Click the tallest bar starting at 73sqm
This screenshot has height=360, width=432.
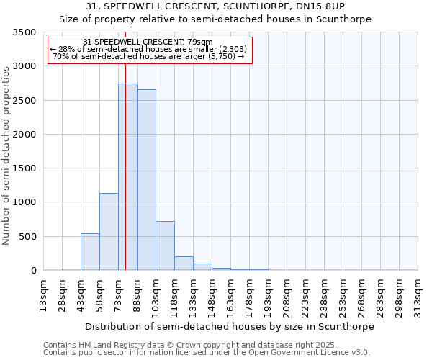[x=127, y=176]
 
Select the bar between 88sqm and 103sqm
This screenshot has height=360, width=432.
[x=146, y=180]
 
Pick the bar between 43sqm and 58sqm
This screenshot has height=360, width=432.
[x=90, y=252]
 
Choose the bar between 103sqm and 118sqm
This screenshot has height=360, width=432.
[x=165, y=246]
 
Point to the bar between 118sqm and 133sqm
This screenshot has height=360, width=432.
[x=184, y=264]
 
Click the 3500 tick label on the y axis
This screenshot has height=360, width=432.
[x=24, y=32]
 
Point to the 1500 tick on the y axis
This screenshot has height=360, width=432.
[x=24, y=168]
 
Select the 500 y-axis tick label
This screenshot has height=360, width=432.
[x=27, y=236]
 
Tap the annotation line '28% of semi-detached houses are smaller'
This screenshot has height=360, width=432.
[x=148, y=49]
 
